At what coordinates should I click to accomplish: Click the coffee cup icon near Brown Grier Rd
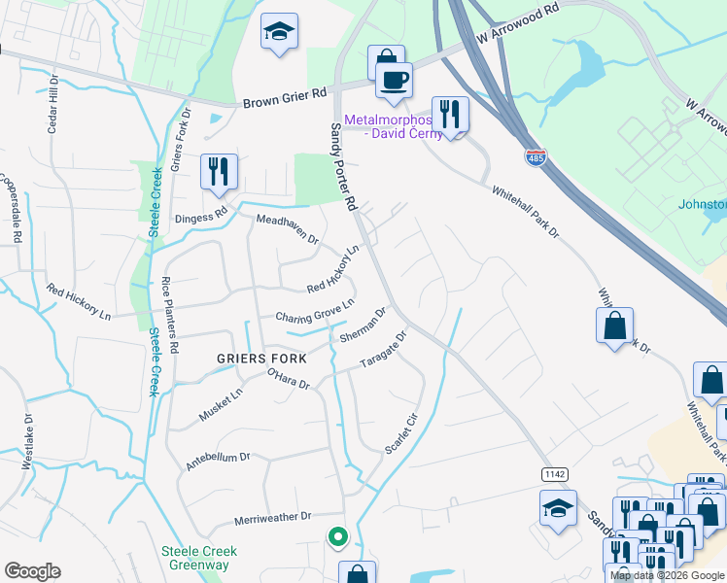pos(394,81)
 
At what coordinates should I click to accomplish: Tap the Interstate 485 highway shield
pos(537,155)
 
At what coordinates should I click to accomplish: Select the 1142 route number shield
pos(555,473)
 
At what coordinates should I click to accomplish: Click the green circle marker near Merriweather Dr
pos(337,535)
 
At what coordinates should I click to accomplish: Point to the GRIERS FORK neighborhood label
pos(261,359)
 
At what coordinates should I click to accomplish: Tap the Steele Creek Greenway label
pos(199,558)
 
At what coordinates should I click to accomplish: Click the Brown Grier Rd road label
pos(285,97)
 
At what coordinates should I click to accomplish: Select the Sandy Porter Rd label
pos(344,166)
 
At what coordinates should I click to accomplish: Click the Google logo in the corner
pos(32,571)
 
